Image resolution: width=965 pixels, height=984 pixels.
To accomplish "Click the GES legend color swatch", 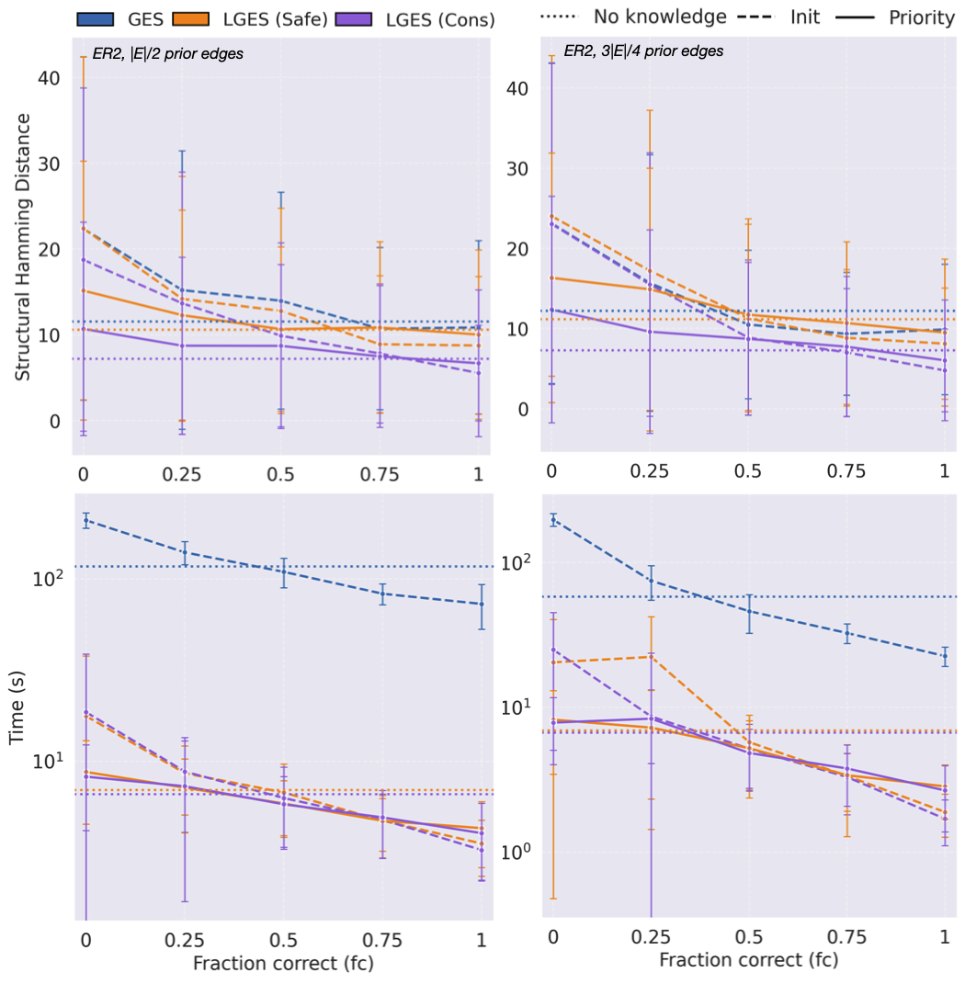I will tap(96, 17).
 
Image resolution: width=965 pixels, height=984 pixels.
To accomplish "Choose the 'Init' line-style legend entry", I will tap(805, 17).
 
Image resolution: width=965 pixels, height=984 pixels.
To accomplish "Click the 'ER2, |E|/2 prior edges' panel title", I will tap(167, 53).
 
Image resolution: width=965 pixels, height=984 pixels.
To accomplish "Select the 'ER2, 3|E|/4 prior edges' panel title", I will tap(643, 51).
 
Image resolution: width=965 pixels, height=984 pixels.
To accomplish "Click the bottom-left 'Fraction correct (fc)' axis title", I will tap(283, 965).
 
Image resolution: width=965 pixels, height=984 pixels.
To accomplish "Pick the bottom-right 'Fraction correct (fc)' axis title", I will tap(748, 960).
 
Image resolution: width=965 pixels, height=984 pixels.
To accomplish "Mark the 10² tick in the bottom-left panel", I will tap(47, 578).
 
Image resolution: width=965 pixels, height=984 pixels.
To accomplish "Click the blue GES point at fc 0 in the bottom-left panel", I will tap(86, 520).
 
